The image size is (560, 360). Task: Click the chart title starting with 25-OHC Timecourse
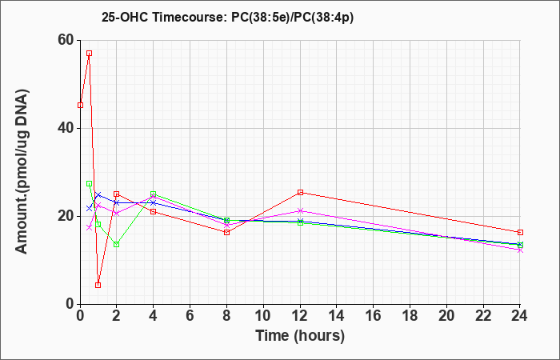coord(227,17)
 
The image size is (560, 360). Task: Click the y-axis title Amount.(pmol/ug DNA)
coord(22,172)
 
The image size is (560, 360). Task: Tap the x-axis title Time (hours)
coord(300,336)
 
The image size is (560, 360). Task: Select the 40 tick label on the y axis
coord(66,128)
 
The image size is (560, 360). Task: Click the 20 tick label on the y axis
coord(66,216)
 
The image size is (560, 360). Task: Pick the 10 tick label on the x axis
coord(263,316)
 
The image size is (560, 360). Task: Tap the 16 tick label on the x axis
coord(374,316)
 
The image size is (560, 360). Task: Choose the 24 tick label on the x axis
coord(520,316)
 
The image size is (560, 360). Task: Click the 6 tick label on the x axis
coord(190,316)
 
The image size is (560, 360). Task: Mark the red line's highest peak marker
coord(90,54)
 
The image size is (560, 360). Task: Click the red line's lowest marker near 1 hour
coord(98,285)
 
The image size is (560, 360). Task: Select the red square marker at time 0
coord(80,105)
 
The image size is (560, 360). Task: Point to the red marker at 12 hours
coord(300,192)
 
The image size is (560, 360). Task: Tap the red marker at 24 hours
coord(520,232)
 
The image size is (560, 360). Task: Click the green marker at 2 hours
coord(117,244)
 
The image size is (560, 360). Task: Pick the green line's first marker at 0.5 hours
coord(90,183)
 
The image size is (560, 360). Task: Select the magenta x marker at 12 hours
coord(300,210)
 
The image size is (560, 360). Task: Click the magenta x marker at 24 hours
coord(520,250)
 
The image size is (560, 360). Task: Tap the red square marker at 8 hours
coord(226,233)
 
